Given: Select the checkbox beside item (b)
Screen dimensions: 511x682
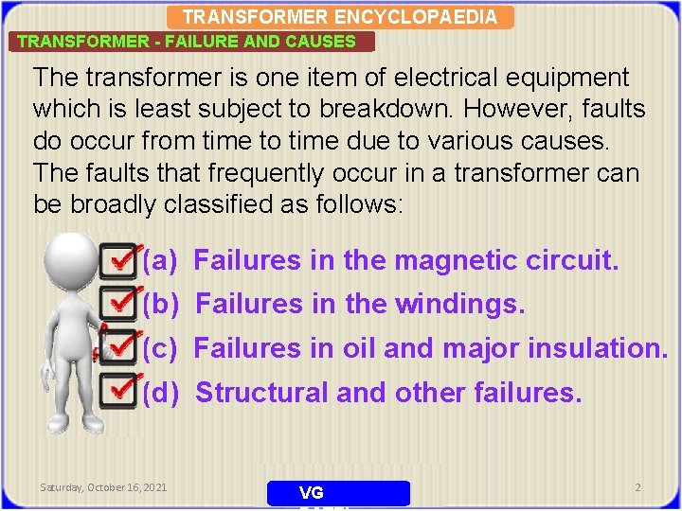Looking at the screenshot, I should [x=117, y=303].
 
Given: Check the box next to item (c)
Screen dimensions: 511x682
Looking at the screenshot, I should [x=117, y=347].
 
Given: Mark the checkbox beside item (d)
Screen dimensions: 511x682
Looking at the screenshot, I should [x=117, y=390].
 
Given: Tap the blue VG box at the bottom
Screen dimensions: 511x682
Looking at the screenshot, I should [x=338, y=493].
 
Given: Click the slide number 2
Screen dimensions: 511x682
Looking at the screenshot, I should [x=637, y=487].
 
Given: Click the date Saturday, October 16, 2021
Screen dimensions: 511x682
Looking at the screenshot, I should [x=103, y=487].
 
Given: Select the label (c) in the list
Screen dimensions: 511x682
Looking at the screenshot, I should [x=160, y=348].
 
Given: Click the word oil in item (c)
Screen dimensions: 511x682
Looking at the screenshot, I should [x=360, y=348].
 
